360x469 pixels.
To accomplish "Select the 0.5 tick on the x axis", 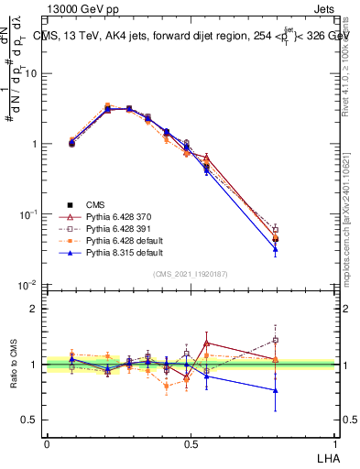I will click(191, 443).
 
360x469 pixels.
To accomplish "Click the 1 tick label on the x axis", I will click(334, 443).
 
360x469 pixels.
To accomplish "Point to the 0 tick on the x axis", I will click(47, 443).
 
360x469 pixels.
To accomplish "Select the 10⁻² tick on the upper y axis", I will click(29, 285).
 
